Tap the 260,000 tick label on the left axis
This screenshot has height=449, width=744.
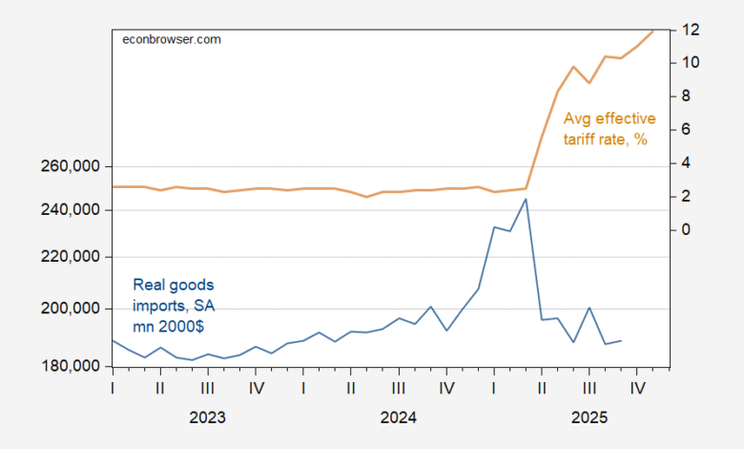pos(71,167)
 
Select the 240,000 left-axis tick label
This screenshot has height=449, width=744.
pos(71,210)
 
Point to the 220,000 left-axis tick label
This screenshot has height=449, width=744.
pos(71,257)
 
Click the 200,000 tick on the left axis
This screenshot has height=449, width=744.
pos(71,309)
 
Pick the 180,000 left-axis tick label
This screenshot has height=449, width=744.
pos(71,366)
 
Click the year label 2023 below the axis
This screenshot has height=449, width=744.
pos(208,417)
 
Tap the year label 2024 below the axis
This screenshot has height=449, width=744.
pos(399,417)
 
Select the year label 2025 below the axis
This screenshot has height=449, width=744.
pos(589,417)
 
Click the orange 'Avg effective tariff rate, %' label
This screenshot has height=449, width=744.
pos(609,129)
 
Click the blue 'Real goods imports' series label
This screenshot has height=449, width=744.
pos(175,305)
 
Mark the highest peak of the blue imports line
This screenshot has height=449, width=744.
pos(526,199)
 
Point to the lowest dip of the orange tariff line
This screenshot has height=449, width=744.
pos(367,197)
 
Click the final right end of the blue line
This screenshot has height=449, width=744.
pos(622,340)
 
